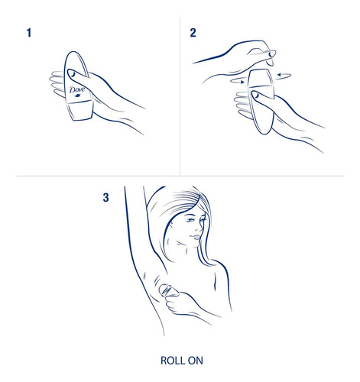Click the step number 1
click(29, 33)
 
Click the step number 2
click(193, 33)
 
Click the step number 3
click(105, 197)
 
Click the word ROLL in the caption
click(172, 361)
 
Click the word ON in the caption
click(196, 361)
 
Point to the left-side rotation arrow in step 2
click(237, 81)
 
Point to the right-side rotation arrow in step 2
click(284, 75)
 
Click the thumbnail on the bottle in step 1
click(72, 73)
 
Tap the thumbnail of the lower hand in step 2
click(255, 95)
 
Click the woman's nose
click(201, 228)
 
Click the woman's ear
click(170, 224)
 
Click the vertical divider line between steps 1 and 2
click(180, 96)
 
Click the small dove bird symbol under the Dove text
click(77, 95)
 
